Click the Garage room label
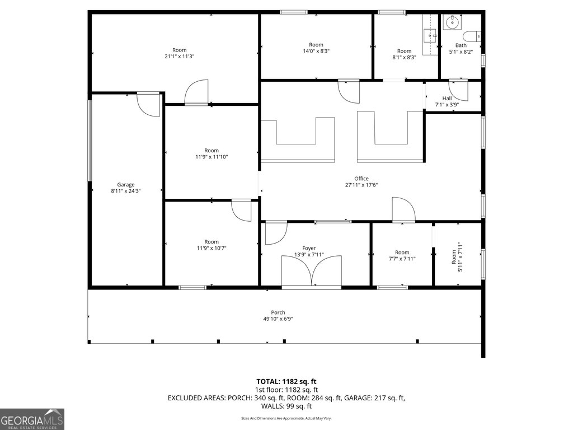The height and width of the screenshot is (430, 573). (126, 185)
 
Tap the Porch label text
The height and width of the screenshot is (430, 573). (278, 312)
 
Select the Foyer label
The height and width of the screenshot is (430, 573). (309, 248)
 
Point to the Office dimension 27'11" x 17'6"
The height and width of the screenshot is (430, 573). (361, 185)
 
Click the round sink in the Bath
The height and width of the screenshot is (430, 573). (452, 22)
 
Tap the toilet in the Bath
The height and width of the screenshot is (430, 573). (472, 36)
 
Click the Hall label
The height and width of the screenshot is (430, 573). (447, 99)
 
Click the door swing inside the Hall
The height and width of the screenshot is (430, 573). (458, 90)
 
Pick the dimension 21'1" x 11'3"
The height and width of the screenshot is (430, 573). (180, 57)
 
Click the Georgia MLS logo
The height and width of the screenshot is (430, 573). (32, 419)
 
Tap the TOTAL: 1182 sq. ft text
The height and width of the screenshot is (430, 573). (286, 382)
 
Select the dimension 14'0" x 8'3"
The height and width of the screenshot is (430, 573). (316, 51)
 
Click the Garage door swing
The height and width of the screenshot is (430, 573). (148, 105)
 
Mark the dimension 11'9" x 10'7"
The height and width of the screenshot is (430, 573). (212, 248)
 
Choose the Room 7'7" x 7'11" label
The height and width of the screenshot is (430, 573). (402, 255)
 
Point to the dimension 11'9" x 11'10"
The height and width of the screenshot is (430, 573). (212, 157)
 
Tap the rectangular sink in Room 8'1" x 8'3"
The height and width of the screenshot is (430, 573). (430, 36)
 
